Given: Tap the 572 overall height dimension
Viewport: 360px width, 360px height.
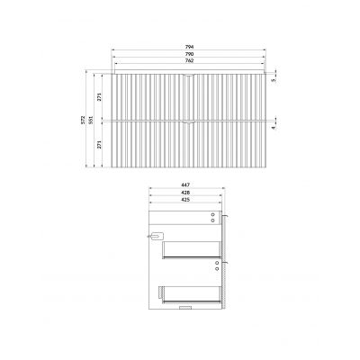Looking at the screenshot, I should coord(82,119).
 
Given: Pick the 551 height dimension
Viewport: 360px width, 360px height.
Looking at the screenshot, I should coord(89,119).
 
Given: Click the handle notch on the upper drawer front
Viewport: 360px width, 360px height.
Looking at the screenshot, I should coord(188,76).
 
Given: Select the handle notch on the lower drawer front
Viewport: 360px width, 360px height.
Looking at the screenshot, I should coord(188,121).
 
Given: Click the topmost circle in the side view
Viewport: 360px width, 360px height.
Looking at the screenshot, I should coord(212,212).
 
